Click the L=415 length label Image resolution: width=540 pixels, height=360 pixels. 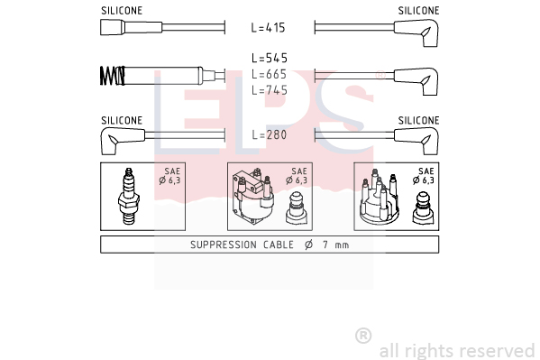[x=269, y=28]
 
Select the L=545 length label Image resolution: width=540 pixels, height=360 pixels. [x=270, y=58]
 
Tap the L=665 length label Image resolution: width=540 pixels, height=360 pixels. [x=269, y=74]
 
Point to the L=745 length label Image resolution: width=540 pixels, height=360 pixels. [x=270, y=90]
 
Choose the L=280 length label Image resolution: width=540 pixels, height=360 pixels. [x=270, y=134]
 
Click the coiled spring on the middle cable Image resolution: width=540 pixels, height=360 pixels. [x=113, y=76]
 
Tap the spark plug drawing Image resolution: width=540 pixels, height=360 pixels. [x=128, y=196]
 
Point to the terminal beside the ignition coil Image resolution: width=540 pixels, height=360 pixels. [x=297, y=208]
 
